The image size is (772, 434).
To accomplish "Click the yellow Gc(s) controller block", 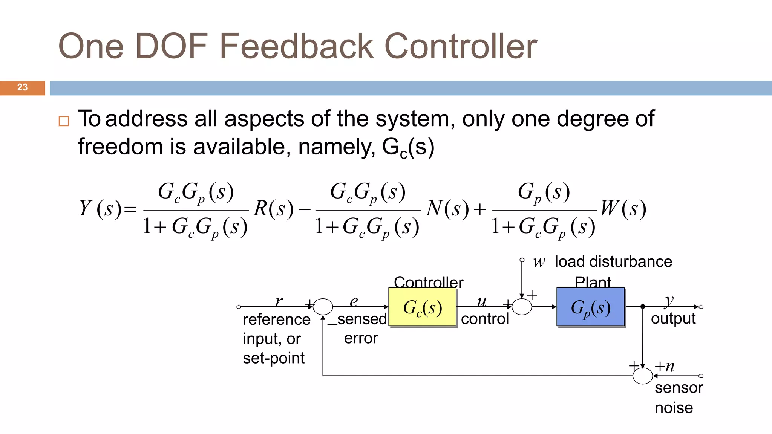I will coord(422,307).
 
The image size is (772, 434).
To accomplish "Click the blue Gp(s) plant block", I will coord(590,307).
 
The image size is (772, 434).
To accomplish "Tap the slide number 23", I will coord(22,87).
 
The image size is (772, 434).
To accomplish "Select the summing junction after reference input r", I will coord(323,307).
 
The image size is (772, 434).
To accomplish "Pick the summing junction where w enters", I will coord(522,307).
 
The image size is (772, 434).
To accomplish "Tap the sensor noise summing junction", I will coord(642,376).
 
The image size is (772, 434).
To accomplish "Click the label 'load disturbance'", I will coord(613,261).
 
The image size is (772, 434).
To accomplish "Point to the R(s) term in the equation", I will coord(273,208).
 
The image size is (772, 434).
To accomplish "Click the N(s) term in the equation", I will coord(447,208).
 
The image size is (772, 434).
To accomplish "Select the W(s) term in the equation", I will coord(623,208).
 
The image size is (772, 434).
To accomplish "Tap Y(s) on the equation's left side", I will coord(101,208).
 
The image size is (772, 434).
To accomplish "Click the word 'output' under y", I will coord(673,319).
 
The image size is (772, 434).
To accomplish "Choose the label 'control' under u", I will coord(485,319).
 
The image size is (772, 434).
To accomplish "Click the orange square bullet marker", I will coord(64,121).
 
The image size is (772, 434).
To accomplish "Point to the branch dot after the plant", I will coord(643,307).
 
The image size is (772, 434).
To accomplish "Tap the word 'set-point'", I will coord(273,358).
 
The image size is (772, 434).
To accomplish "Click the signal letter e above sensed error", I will coord(354,301).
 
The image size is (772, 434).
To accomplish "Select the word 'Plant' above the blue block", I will coord(593,282).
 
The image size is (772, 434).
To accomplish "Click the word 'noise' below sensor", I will coord(674,408).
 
